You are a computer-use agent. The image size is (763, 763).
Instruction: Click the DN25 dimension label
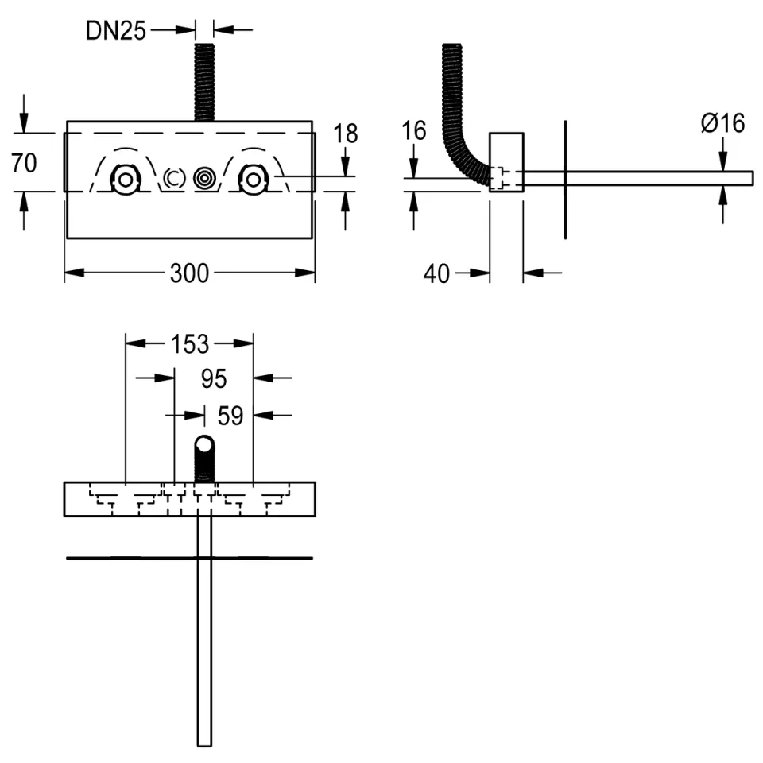[x=115, y=32]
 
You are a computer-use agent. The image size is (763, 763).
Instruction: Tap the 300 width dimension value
[x=189, y=273]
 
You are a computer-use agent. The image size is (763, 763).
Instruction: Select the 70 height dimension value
[x=25, y=163]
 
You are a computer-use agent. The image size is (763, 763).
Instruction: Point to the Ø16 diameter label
[x=722, y=123]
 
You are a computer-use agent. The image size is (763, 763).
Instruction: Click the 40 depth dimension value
[x=437, y=273]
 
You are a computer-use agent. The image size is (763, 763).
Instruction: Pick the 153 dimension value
[x=189, y=344]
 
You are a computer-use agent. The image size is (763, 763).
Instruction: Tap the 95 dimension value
[x=214, y=380]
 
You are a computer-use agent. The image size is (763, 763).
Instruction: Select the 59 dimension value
[x=230, y=416]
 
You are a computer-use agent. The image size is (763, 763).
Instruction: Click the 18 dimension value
[x=346, y=134]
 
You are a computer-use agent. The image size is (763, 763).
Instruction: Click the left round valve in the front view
[x=125, y=179]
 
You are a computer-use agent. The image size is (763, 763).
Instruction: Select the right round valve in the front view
[x=252, y=179]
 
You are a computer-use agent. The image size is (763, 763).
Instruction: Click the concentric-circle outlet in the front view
[x=204, y=179]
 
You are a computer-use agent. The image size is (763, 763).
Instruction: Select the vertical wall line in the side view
[x=565, y=180]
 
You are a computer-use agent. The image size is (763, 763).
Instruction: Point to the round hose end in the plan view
[x=204, y=446]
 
